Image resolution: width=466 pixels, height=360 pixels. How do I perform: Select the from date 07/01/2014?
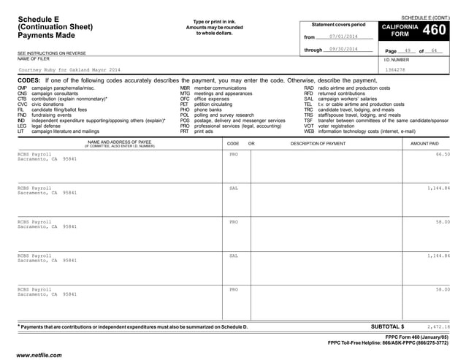pos(343,37)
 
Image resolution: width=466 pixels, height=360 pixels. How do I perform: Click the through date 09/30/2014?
pos(343,49)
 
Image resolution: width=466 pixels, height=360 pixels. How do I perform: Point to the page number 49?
pos(408,50)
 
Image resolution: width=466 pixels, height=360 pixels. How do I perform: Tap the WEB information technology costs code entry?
pos(359,131)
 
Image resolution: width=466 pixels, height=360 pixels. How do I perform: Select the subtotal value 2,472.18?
pos(438,326)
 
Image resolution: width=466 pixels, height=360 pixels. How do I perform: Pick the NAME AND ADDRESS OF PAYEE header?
pos(120,143)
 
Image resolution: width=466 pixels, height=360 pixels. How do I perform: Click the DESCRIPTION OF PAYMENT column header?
pos(318,144)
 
